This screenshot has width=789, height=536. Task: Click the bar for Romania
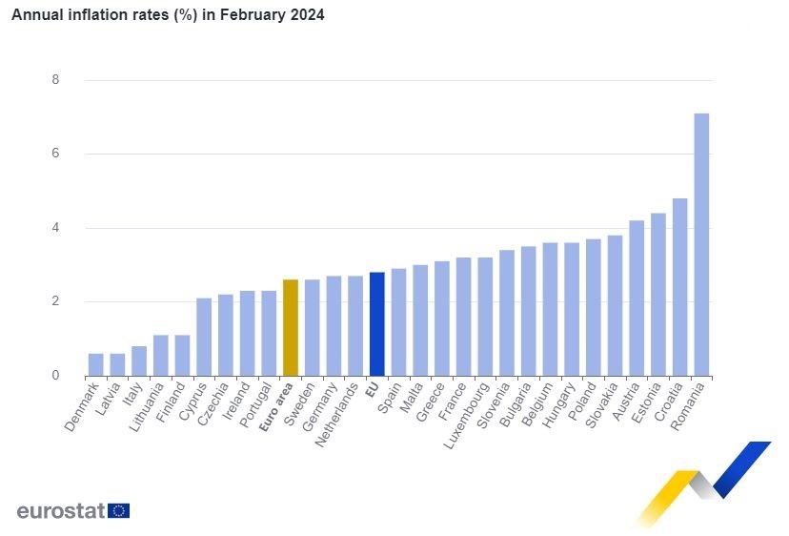701,244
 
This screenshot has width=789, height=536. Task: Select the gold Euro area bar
291,327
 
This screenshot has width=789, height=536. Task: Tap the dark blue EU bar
377,323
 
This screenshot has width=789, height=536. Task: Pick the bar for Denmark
96,364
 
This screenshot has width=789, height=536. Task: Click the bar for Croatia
679,286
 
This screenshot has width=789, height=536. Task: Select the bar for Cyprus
204,337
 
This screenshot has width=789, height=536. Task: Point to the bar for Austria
637,298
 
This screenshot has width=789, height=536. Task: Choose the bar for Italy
139,361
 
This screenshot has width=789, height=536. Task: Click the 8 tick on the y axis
55,80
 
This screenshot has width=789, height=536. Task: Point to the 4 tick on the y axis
55,228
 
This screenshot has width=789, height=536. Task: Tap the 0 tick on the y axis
55,376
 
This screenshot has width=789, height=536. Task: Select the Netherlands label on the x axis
338,415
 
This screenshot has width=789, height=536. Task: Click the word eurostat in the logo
60,510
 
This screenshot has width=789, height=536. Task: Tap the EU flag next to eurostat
119,510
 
